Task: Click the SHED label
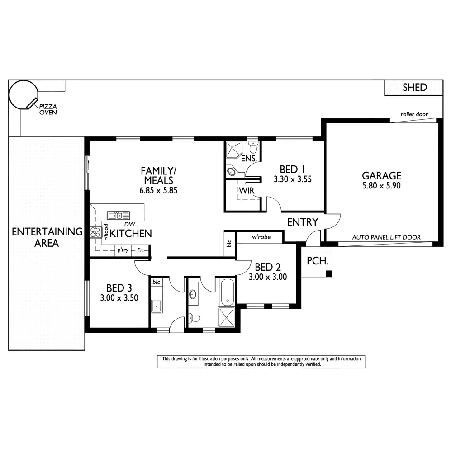point(414,87)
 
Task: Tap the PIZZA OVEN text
point(48,109)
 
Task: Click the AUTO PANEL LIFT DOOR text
point(386,237)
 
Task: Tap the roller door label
point(414,114)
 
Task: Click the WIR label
point(247,191)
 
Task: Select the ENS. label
point(249,159)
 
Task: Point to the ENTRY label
point(303,222)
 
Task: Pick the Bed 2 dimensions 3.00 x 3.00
point(267,277)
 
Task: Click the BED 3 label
point(119,287)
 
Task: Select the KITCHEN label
point(131,233)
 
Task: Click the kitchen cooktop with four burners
point(95,232)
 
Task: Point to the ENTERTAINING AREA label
point(47,237)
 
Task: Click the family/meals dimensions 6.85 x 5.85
point(158,190)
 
